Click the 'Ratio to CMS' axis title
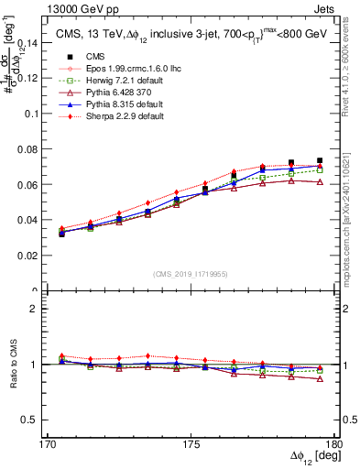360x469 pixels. pos(13,365)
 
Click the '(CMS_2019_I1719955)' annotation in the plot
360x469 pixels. pos(191,274)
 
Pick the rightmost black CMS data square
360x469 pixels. pos(319,161)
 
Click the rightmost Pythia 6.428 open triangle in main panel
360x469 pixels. pos(319,182)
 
